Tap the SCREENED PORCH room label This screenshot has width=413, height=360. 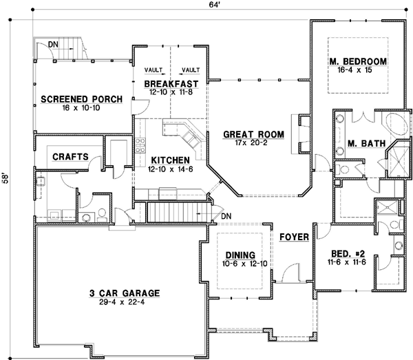[x=81, y=99]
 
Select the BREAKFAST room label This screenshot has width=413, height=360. [x=171, y=83]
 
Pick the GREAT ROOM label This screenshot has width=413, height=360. [x=251, y=135]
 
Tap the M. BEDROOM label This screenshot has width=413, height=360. [x=357, y=62]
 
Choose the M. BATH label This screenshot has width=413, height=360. [x=361, y=144]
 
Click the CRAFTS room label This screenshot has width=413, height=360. [x=70, y=156]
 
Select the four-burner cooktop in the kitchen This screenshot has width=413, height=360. [x=142, y=145]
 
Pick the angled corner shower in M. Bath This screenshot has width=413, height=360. [x=396, y=157]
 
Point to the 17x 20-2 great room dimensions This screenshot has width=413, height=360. [x=251, y=144]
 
